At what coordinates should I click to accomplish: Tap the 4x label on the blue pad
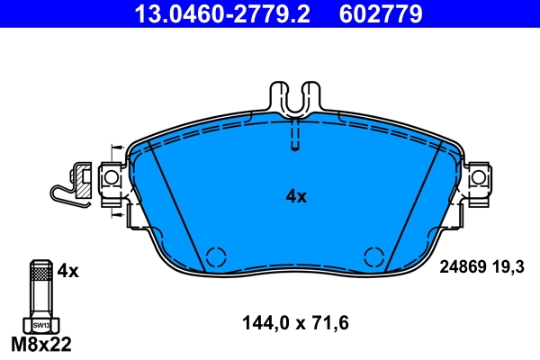296,196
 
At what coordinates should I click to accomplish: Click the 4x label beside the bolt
68,270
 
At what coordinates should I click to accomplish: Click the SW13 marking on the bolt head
40,324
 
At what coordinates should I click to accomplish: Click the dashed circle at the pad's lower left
216,256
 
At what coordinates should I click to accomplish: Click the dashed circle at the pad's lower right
373,256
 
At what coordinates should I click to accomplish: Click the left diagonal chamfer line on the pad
177,207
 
